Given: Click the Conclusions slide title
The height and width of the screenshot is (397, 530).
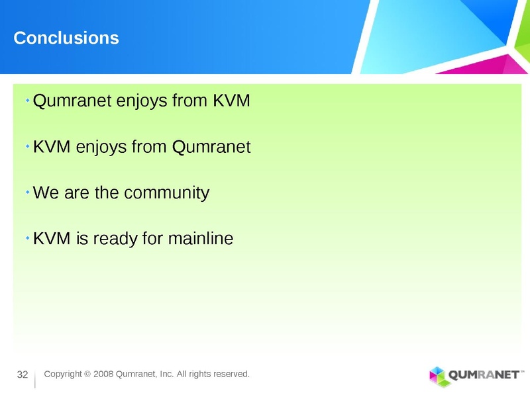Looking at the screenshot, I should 66,38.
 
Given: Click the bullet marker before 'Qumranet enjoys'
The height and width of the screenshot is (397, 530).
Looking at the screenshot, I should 27,100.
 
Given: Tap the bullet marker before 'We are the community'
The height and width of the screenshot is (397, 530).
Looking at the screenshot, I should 27,191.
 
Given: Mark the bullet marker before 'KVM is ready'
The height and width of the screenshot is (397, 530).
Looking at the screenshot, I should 27,237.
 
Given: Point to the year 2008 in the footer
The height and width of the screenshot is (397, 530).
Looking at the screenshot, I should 103,375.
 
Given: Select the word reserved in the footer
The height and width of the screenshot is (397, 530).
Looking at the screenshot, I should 231,375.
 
